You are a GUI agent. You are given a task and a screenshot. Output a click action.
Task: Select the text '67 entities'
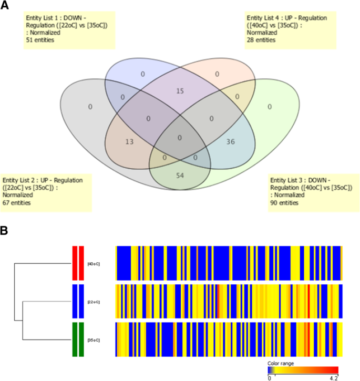[17, 202]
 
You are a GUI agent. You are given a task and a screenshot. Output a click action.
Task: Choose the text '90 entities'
[284, 202]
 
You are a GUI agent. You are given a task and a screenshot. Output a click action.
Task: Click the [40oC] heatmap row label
[93, 263]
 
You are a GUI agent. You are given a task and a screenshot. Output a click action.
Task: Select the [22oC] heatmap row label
[93, 302]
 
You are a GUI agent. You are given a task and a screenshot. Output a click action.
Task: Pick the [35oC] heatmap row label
[93, 340]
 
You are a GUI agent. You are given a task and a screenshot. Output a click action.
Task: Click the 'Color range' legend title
[281, 363]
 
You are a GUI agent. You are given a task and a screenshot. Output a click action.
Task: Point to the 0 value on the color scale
[269, 377]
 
